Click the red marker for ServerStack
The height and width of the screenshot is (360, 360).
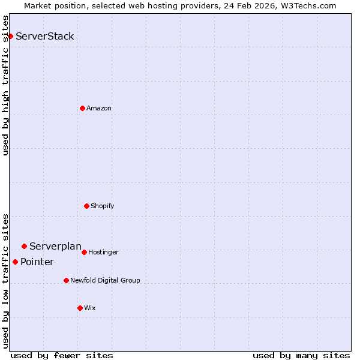(x=10, y=37)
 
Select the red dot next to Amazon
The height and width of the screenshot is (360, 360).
(x=82, y=108)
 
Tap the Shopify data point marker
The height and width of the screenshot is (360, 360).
(x=86, y=206)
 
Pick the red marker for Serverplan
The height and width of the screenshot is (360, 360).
(x=24, y=246)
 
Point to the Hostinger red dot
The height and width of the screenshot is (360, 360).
(x=84, y=252)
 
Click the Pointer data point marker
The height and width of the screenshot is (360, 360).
(x=15, y=262)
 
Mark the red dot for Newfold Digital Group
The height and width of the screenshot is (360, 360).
(x=66, y=280)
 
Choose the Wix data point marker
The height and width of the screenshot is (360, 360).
(x=80, y=308)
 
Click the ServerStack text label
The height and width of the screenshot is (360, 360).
(x=45, y=37)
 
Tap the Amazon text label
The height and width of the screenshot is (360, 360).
(x=99, y=108)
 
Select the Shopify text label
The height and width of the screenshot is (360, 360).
(x=103, y=206)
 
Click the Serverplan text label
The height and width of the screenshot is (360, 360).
(x=55, y=246)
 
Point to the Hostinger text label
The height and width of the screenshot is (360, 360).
(x=103, y=252)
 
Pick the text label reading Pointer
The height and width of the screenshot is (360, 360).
(x=37, y=262)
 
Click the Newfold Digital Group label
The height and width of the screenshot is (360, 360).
(x=105, y=280)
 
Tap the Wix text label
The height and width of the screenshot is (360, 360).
(x=90, y=308)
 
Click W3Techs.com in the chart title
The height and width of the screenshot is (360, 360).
(x=309, y=5)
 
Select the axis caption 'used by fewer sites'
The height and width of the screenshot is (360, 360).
(x=62, y=355)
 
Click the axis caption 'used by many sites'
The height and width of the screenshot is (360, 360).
(x=301, y=355)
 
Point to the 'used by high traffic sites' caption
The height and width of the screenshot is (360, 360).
(x=5, y=85)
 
